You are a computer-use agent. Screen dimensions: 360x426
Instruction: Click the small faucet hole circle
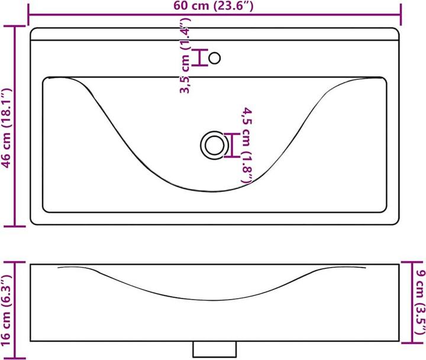coord(215,57)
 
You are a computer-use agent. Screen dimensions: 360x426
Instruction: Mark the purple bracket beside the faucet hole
coord(200,57)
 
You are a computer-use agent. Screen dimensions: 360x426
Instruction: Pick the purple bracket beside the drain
coord(233,146)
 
